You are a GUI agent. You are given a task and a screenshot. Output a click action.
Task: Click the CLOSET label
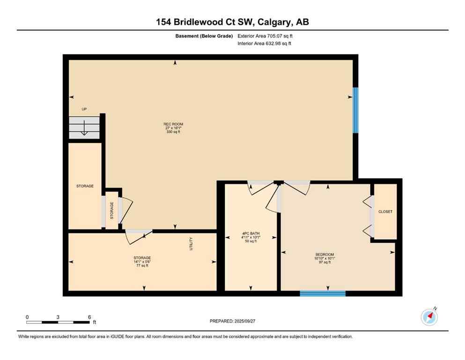(x=385, y=212)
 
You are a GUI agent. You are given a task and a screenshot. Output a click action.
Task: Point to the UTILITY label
(x=191, y=244)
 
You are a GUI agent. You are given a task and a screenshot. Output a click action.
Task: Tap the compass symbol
(x=429, y=317)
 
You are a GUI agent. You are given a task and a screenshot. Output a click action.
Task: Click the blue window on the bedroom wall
(x=323, y=294)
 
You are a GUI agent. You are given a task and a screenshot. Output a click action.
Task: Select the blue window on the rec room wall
(x=355, y=110)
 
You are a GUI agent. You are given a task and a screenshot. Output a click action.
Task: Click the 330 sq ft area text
(x=173, y=132)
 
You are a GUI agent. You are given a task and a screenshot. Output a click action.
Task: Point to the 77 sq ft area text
(x=142, y=266)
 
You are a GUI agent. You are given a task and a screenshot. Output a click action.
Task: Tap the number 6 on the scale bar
(x=89, y=317)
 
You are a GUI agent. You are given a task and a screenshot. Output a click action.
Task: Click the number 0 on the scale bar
(x=27, y=317)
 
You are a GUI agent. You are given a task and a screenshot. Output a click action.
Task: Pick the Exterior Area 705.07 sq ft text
(x=266, y=36)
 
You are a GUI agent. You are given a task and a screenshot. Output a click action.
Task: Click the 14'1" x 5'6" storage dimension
(x=142, y=262)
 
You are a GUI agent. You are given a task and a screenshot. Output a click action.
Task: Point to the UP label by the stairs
(x=84, y=109)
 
